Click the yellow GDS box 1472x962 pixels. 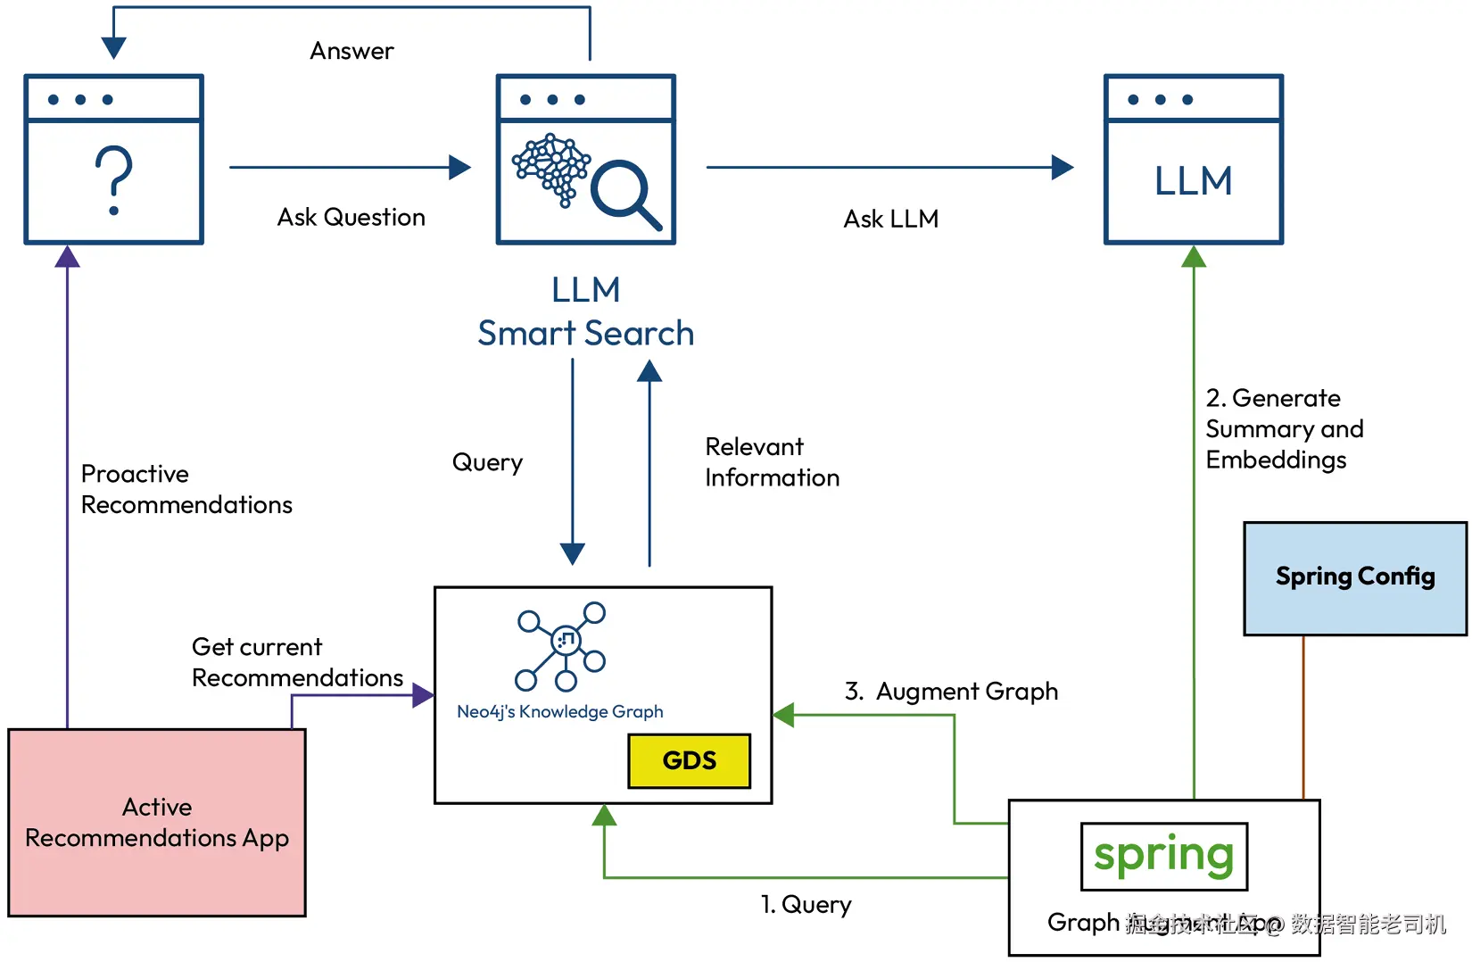(689, 760)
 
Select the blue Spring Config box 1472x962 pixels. (1354, 578)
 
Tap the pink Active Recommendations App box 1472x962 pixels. (157, 822)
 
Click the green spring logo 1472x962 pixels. (1163, 856)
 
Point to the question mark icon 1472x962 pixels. (113, 181)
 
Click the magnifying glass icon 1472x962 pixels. (625, 193)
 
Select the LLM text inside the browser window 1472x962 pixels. (1193, 181)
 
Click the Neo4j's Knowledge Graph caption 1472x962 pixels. (559, 711)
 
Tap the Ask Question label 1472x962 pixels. (351, 217)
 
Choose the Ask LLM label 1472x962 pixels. (890, 219)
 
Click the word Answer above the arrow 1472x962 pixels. (351, 51)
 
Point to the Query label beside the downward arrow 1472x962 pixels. (487, 462)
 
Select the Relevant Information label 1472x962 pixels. (772, 462)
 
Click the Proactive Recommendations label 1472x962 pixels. (186, 489)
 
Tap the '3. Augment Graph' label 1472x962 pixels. (951, 692)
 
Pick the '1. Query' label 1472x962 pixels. (806, 905)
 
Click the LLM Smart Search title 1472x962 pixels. (585, 311)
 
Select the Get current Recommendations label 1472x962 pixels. (297, 662)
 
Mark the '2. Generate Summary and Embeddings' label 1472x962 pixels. (1284, 428)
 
